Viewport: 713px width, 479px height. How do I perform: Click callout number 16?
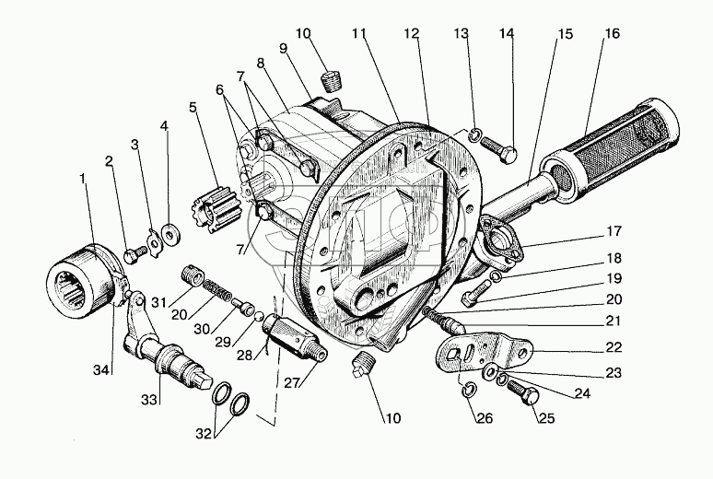(611, 34)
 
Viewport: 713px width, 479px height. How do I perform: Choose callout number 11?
(357, 34)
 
